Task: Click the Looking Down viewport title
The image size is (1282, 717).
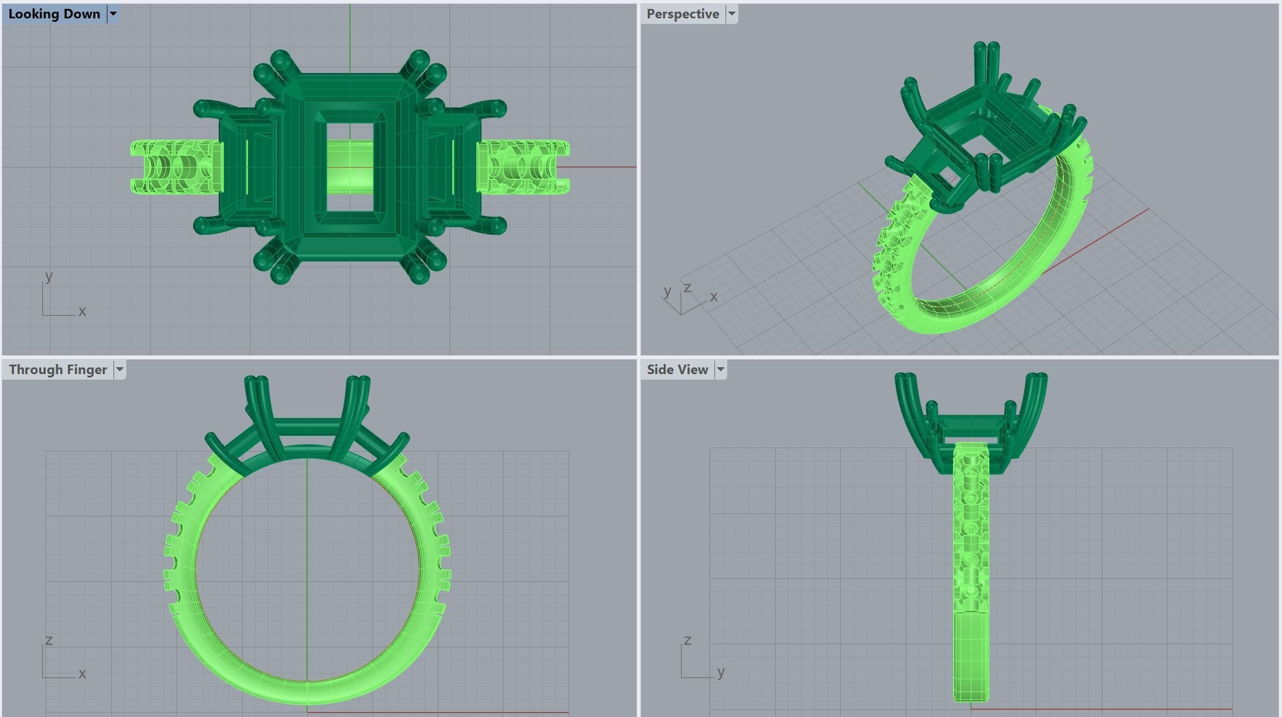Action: (54, 14)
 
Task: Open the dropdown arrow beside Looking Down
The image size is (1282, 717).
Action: (113, 14)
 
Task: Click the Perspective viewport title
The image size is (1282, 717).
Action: (682, 14)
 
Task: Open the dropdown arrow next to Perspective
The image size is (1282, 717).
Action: (732, 14)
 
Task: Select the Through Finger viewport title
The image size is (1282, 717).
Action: (57, 370)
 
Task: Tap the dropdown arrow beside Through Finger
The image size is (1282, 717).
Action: (120, 370)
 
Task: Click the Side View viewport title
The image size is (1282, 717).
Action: (677, 370)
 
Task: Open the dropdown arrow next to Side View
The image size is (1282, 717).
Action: (721, 370)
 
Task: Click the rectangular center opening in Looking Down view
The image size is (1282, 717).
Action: (349, 167)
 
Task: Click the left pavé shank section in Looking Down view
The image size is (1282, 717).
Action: (175, 167)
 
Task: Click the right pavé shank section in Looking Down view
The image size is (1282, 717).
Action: (523, 167)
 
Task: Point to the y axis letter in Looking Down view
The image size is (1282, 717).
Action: (49, 276)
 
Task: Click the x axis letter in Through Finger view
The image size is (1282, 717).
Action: (82, 674)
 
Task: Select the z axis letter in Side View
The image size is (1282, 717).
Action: (688, 640)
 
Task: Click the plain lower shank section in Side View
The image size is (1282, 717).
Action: (971, 657)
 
